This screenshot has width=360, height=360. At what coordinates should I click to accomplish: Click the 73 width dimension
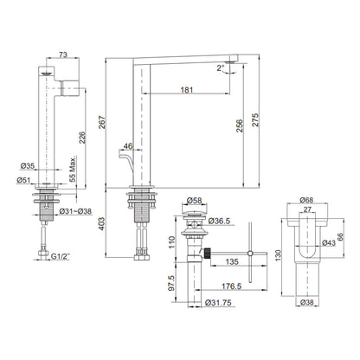pyautogui.click(x=63, y=55)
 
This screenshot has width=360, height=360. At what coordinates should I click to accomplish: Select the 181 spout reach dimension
pyautogui.click(x=187, y=90)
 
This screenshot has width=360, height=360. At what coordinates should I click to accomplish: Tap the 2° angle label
pyautogui.click(x=221, y=68)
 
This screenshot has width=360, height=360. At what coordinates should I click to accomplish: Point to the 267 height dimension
pyautogui.click(x=102, y=122)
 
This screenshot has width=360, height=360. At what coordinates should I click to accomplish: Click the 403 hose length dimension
pyautogui.click(x=102, y=224)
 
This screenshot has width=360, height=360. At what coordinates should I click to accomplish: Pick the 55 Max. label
pyautogui.click(x=74, y=170)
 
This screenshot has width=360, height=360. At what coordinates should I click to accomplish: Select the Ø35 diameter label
pyautogui.click(x=28, y=166)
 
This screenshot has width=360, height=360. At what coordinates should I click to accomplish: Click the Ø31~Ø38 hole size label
pyautogui.click(x=75, y=211)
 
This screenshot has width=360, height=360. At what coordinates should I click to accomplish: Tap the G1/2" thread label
pyautogui.click(x=61, y=256)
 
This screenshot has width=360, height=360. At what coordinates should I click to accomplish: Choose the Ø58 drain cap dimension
pyautogui.click(x=194, y=200)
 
